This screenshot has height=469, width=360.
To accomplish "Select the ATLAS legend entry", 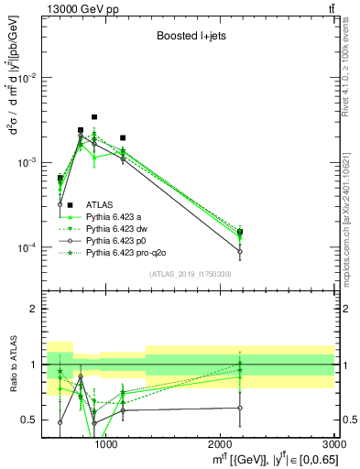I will point(100,204).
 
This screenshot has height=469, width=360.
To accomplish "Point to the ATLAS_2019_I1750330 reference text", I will point(190,273).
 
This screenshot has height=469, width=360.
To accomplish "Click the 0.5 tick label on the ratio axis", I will point(31,420).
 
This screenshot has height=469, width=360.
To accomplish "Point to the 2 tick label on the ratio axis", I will point(35,309).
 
